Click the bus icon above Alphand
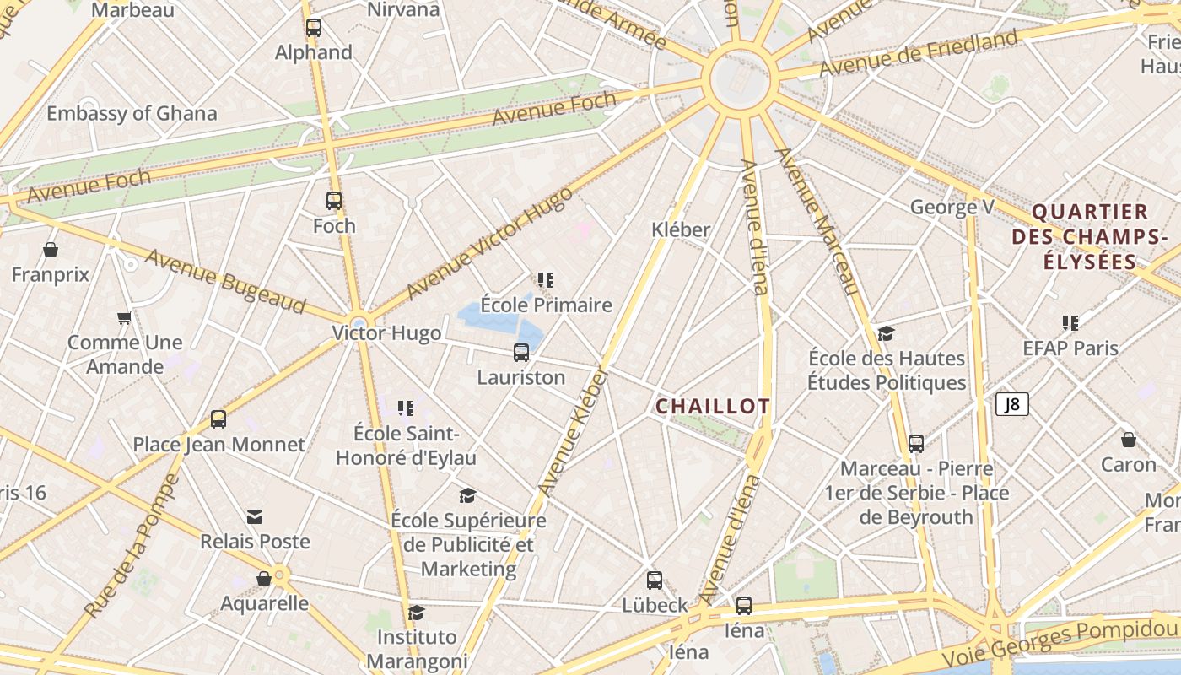tap(314, 27)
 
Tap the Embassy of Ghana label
tap(132, 113)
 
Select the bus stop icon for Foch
tap(334, 201)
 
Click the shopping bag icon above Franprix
tap(51, 250)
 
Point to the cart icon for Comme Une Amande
tap(125, 318)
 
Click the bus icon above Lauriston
tap(521, 353)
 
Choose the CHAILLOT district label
tap(713, 406)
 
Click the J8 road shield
tap(1011, 404)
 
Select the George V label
tap(952, 207)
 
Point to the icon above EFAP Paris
tap(1070, 322)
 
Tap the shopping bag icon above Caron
tap(1129, 440)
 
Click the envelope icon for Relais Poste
tap(255, 517)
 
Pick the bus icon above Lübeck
tap(655, 580)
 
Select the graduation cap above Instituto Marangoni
tap(416, 612)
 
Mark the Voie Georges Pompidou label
tap(1059, 644)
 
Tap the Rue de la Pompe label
tap(132, 545)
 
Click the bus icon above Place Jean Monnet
tap(218, 419)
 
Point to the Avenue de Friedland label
tap(919, 53)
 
